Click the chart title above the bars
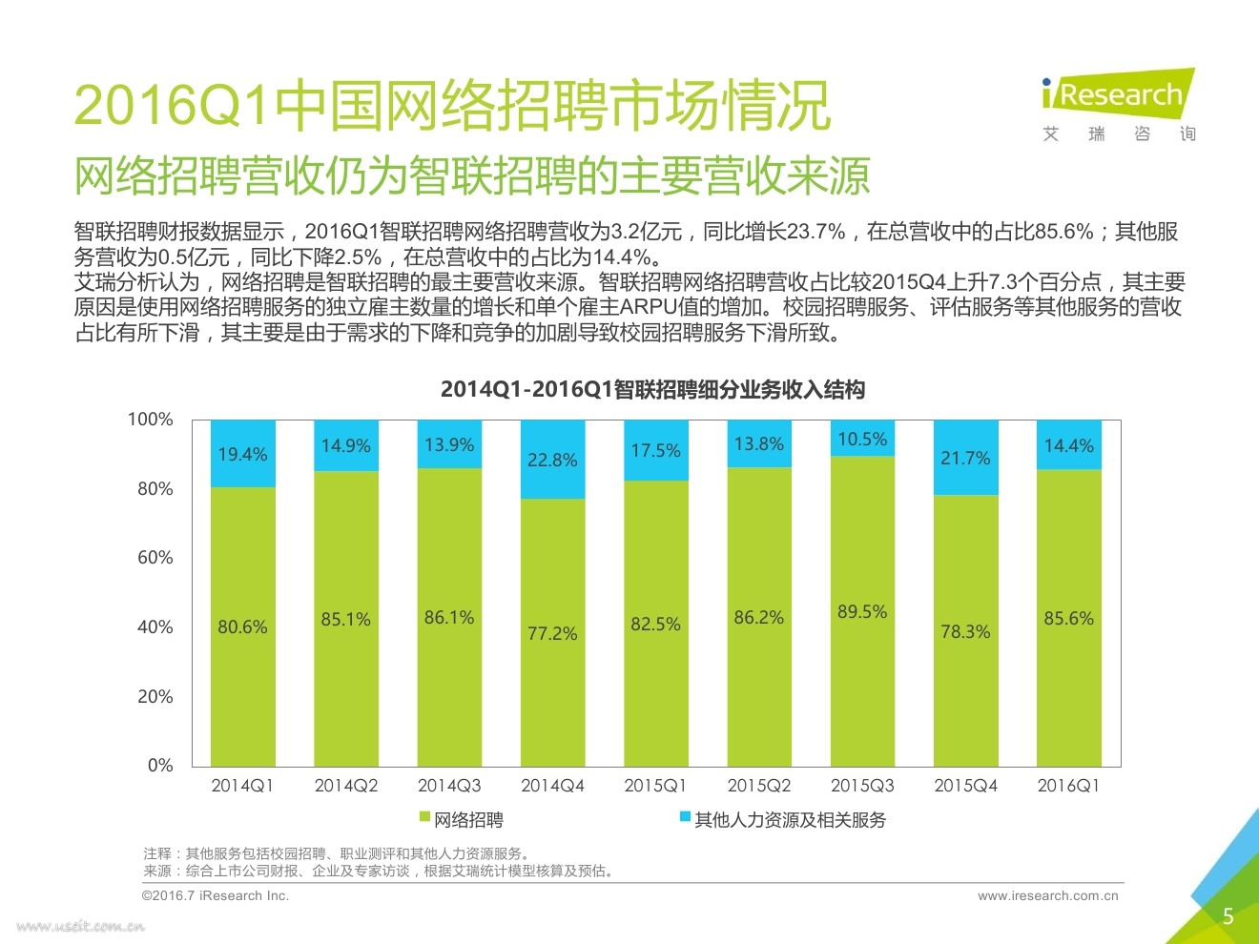652,389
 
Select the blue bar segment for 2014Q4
552,460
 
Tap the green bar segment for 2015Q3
862,610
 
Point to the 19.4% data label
242,454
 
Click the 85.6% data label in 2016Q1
1068,618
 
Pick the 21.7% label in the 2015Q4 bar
965,458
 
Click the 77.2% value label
552,633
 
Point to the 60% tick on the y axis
155,558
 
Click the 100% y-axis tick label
151,420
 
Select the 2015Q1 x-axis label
655,786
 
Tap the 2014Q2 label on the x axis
346,786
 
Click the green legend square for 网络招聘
425,818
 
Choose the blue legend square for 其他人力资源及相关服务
685,818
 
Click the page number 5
1228,916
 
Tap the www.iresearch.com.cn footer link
1047,896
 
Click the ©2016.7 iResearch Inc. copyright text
216,896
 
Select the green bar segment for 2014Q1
242,626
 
